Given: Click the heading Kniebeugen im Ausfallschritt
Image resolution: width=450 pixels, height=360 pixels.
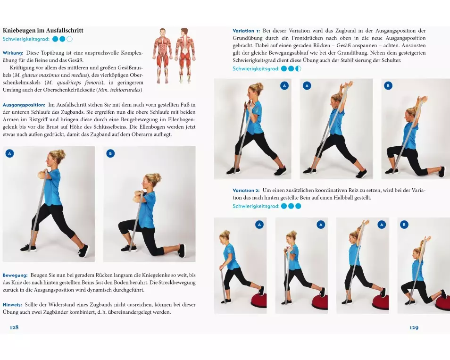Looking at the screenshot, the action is pyautogui.click(x=43, y=30).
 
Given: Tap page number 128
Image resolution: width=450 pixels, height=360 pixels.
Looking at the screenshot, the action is pyautogui.click(x=14, y=327).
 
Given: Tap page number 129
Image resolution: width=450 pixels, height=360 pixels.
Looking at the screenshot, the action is pyautogui.click(x=414, y=327).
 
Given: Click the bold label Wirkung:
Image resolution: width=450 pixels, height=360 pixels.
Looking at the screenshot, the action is pyautogui.click(x=13, y=53).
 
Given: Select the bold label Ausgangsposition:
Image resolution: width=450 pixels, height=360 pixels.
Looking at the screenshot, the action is pyautogui.click(x=24, y=105).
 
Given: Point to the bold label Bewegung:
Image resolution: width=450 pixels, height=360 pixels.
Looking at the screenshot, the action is pyautogui.click(x=15, y=275).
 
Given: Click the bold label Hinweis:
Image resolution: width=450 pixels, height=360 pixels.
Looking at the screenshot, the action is pyautogui.click(x=12, y=305).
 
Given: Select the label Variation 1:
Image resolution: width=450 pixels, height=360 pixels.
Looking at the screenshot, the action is pyautogui.click(x=246, y=31).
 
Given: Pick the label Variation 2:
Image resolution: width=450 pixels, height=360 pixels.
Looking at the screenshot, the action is pyautogui.click(x=246, y=190).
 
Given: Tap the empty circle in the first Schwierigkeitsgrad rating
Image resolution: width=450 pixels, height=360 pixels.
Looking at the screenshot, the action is pyautogui.click(x=69, y=39).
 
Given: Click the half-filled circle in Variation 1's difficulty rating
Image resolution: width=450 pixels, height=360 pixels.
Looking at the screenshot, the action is pyautogui.click(x=298, y=68).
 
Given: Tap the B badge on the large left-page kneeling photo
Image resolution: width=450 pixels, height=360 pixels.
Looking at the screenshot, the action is pyautogui.click(x=110, y=154).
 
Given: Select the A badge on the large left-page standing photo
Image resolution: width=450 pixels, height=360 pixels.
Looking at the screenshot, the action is pyautogui.click(x=9, y=154).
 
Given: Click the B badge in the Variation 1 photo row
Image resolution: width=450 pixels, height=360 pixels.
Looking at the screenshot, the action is pyautogui.click(x=388, y=85).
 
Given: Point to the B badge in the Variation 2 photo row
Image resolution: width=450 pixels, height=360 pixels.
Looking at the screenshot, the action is pyautogui.click(x=404, y=225).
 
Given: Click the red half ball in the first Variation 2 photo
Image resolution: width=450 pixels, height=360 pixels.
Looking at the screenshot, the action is pyautogui.click(x=259, y=300).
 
